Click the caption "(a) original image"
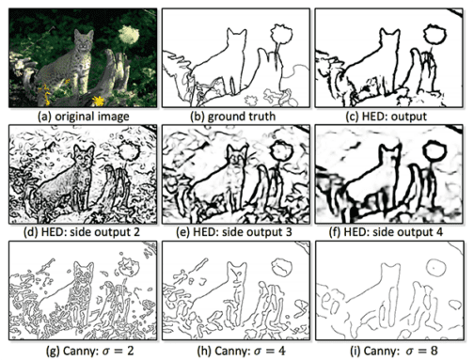83,117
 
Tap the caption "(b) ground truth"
233,117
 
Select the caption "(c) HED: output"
386,117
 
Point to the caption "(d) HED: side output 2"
82,232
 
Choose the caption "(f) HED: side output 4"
386,232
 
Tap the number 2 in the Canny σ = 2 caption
130,351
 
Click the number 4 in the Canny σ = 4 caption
281,351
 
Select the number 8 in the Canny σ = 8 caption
434,351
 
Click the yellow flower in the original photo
99,101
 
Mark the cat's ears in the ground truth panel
236,32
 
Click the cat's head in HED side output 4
389,154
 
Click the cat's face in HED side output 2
83,158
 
